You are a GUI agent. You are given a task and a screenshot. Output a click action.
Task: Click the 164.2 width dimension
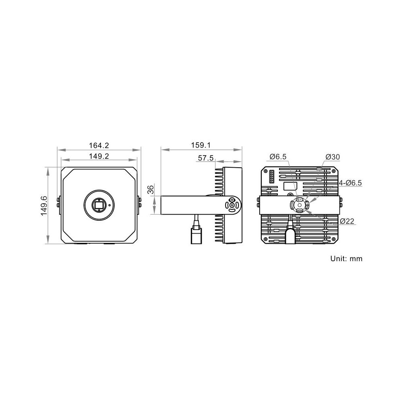[99, 145]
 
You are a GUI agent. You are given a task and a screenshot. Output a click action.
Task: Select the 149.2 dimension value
[99, 156]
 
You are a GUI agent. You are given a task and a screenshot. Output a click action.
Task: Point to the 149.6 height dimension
[43, 206]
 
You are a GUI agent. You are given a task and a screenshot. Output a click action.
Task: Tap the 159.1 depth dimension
[201, 145]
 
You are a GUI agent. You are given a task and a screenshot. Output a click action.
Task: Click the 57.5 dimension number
[206, 158]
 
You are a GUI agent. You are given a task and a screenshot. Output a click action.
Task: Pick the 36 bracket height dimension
[151, 189]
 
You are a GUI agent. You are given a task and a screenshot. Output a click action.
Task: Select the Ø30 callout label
[333, 157]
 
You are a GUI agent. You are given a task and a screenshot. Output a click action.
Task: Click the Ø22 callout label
[347, 221]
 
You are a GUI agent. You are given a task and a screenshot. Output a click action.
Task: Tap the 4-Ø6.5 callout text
[350, 183]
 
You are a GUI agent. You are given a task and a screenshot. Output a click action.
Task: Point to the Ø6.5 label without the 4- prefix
[278, 156]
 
